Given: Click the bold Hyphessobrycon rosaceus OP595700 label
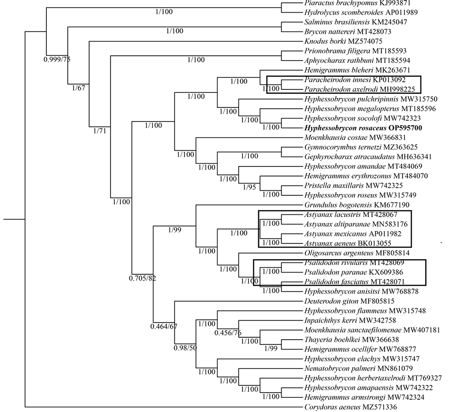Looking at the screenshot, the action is coord(363,128).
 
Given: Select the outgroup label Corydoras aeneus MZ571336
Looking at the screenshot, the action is coord(351,407).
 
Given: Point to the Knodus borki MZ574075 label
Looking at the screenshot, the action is coord(343,41).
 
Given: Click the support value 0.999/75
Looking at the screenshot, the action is coord(57,60).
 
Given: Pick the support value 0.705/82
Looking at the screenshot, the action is coord(143,278).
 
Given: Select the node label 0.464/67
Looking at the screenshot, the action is coord(164,326).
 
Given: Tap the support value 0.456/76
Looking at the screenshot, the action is coord(228,333).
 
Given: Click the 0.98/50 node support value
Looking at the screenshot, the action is coord(185,348).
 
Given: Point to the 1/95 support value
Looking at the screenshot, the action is coord(250,187).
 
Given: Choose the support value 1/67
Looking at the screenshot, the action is coord(79,88).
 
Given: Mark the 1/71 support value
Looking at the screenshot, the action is coord(100,131).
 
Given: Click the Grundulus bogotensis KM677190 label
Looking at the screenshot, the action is coord(357,205).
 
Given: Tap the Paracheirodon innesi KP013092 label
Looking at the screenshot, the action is coord(355,79).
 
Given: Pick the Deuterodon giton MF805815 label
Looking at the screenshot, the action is coord(349,301).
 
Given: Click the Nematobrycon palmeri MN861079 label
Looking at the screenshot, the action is coord(359,368).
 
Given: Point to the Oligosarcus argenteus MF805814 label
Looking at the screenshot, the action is coord(357,253).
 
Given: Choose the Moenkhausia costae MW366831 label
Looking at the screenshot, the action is coord(355,138).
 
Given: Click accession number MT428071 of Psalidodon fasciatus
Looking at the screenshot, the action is coord(388,282).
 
